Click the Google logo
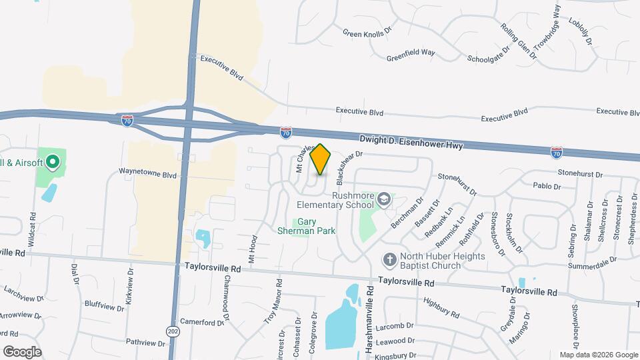click(22, 351)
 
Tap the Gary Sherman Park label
click(306, 226)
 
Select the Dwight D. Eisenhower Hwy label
click(411, 142)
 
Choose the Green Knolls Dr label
click(369, 33)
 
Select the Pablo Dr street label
click(547, 186)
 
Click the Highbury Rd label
click(441, 308)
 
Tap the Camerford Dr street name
click(201, 323)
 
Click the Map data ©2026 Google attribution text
click(598, 355)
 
